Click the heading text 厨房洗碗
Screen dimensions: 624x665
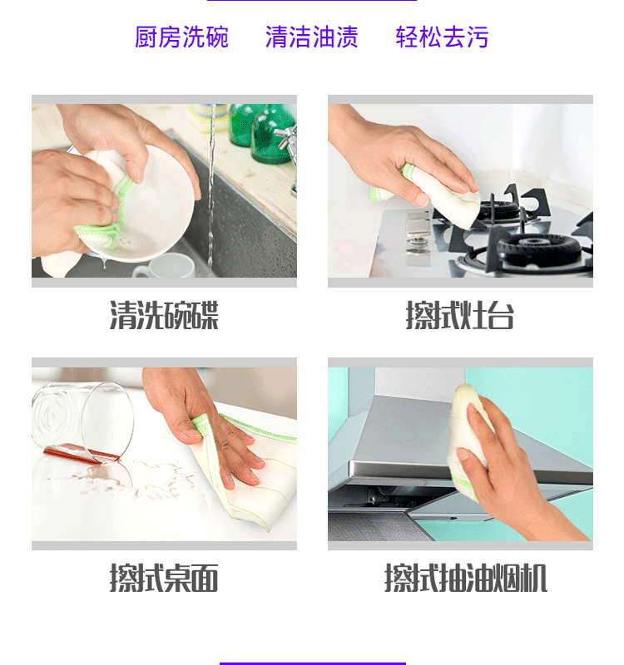coord(181,37)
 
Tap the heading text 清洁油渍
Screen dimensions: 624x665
coord(312,37)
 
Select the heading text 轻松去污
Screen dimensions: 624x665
coord(442,37)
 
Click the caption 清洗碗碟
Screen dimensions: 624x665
coord(164,315)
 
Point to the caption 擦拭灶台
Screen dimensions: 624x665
coord(460,315)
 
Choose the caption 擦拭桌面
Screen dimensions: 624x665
coord(164,578)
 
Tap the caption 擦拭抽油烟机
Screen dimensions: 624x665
coord(466,578)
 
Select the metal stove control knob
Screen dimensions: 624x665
coord(417,250)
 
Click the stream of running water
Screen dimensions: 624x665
coord(211,191)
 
